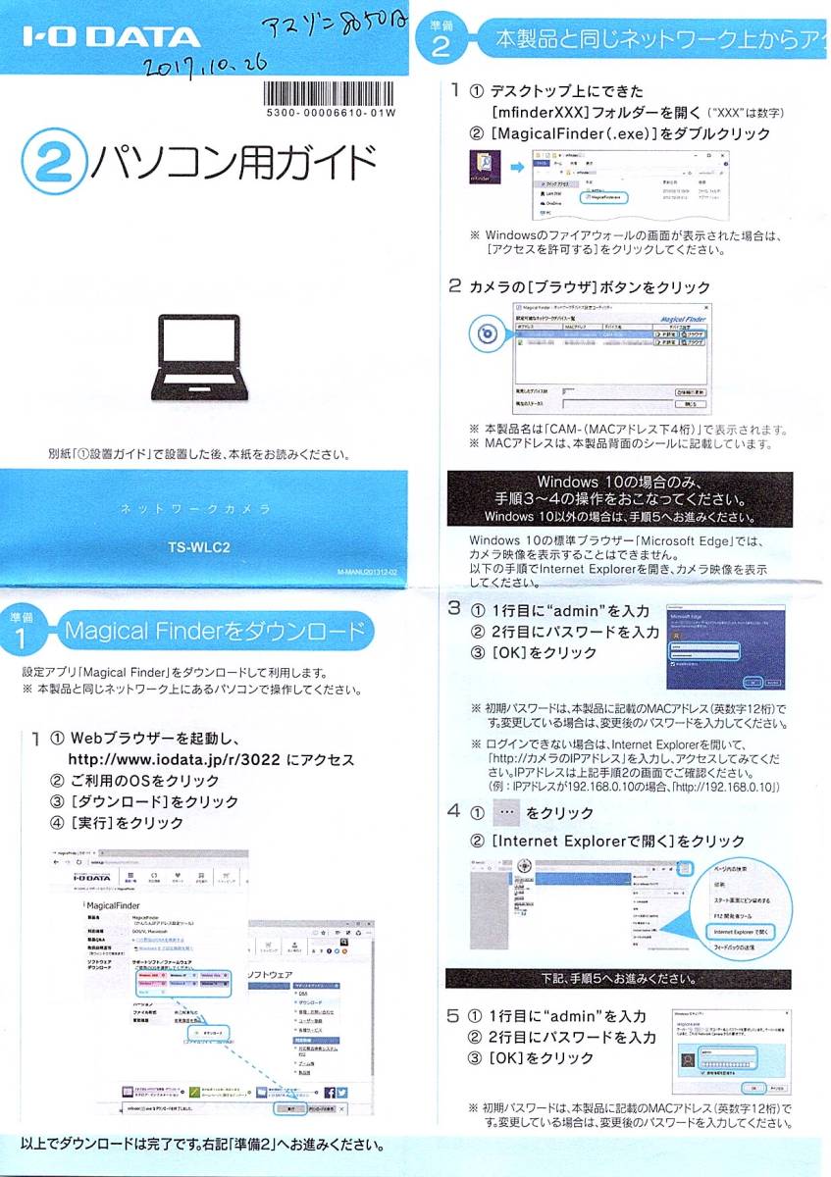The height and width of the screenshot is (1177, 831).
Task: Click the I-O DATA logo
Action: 111,39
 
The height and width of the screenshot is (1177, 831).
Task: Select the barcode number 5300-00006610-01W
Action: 331,114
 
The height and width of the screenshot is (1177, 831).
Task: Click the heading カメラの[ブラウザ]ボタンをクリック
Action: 590,287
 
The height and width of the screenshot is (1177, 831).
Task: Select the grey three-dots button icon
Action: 503,814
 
